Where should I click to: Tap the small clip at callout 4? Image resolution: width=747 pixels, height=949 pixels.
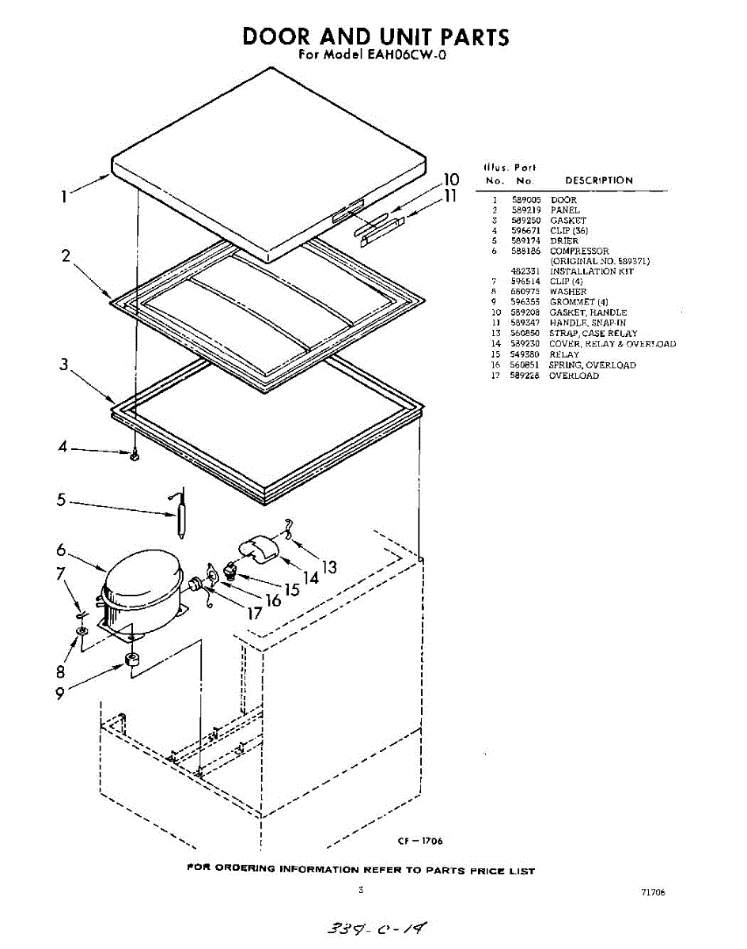(x=135, y=456)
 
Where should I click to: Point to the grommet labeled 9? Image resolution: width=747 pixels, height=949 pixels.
(x=132, y=660)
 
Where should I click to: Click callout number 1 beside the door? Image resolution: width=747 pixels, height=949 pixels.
(x=63, y=196)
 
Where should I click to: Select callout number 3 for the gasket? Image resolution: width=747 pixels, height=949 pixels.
(x=63, y=365)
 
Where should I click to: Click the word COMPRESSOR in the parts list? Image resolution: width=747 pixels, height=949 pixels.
(x=579, y=251)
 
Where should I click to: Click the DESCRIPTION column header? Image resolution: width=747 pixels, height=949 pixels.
(x=598, y=180)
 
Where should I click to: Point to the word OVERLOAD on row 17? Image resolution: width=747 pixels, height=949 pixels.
(x=574, y=376)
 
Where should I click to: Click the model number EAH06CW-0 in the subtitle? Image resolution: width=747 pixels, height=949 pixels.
(x=408, y=56)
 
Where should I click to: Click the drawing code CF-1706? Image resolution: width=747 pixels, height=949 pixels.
(x=420, y=841)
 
